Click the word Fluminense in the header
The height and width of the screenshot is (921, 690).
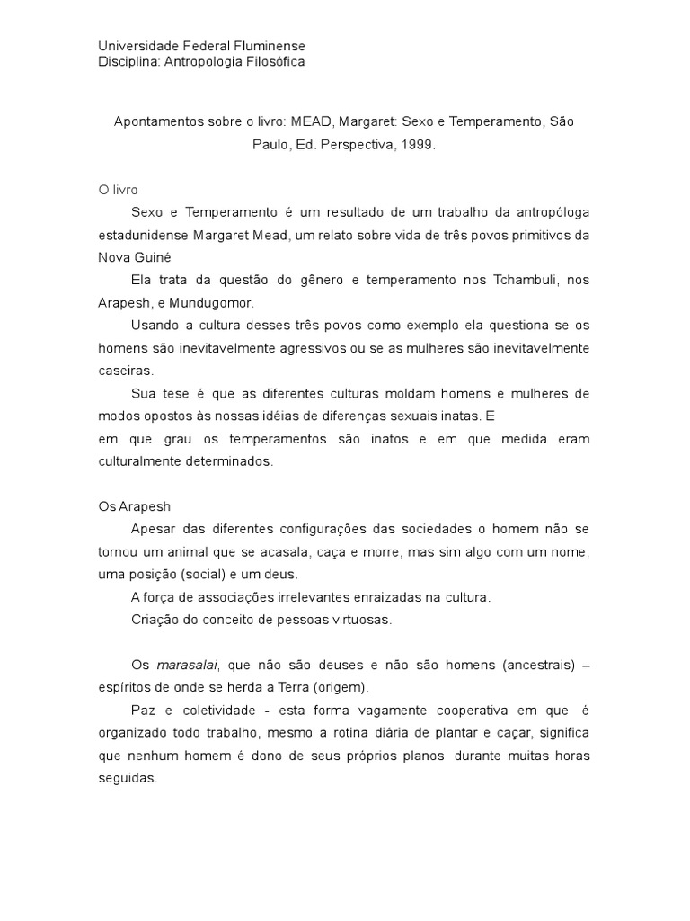point(268,46)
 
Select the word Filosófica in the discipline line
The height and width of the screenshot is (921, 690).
point(274,62)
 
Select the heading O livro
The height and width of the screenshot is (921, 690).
point(118,190)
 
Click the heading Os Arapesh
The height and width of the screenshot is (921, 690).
point(132,507)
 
